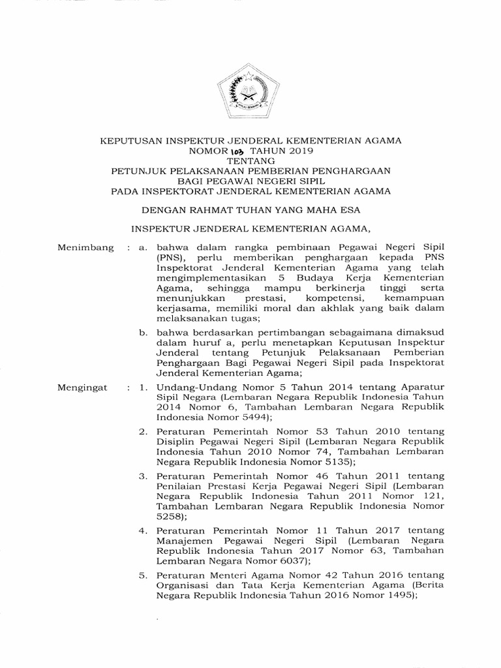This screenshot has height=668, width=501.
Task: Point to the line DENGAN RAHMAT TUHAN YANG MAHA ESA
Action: pyautogui.click(x=250, y=210)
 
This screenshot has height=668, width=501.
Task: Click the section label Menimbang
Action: pyautogui.click(x=85, y=248)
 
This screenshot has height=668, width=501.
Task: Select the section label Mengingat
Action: pyautogui.click(x=83, y=387)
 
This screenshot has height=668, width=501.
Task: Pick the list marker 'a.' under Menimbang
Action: pyautogui.click(x=144, y=248)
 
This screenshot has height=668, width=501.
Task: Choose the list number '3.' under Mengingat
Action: pyautogui.click(x=144, y=477)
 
